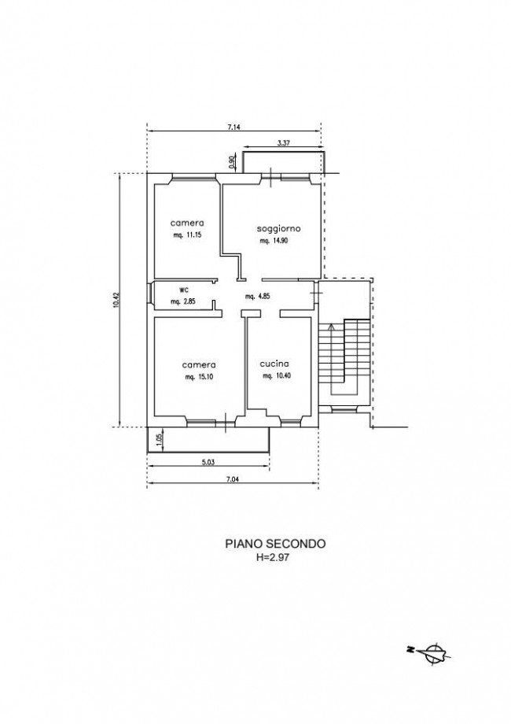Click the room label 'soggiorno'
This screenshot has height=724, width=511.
click(278, 228)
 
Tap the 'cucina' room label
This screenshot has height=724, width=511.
click(274, 364)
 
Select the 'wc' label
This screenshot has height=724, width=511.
click(184, 290)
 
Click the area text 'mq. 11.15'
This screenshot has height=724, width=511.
click(187, 235)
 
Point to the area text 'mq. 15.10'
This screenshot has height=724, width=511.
click(199, 377)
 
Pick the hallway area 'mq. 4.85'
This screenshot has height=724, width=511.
click(257, 297)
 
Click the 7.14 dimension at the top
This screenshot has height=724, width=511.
click(234, 127)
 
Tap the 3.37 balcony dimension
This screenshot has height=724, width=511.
click(284, 143)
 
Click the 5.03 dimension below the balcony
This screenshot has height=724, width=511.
click(208, 462)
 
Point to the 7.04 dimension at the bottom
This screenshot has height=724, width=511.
click(233, 480)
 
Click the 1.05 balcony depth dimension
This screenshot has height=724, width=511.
click(159, 439)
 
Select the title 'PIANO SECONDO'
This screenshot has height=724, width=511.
click(275, 544)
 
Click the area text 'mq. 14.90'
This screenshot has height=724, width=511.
click(274, 241)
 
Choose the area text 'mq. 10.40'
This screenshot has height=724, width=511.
click(277, 376)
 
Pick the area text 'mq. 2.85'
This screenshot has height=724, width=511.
click(183, 302)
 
